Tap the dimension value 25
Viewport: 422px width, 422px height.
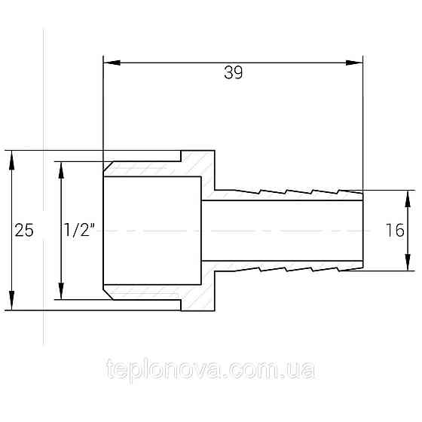tap(25, 231)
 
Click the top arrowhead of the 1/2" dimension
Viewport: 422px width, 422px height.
tap(60, 167)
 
